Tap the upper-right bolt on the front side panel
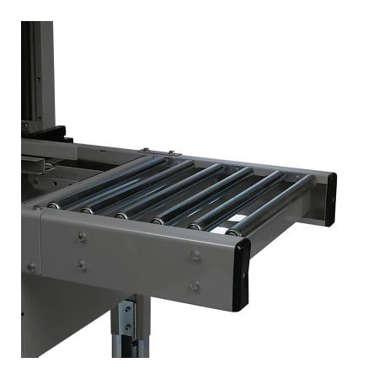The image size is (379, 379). click(x=195, y=254)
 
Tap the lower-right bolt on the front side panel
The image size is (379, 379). click(x=195, y=286)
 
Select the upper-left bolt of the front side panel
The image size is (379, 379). click(x=82, y=237)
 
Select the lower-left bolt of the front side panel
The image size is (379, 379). click(x=82, y=265)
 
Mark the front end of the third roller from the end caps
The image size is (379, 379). click(x=158, y=221)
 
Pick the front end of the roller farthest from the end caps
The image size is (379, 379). click(x=53, y=206)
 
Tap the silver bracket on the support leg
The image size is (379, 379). click(x=125, y=320)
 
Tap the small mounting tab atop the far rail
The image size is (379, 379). click(x=145, y=151)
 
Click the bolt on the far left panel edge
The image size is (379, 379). click(x=31, y=268)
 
